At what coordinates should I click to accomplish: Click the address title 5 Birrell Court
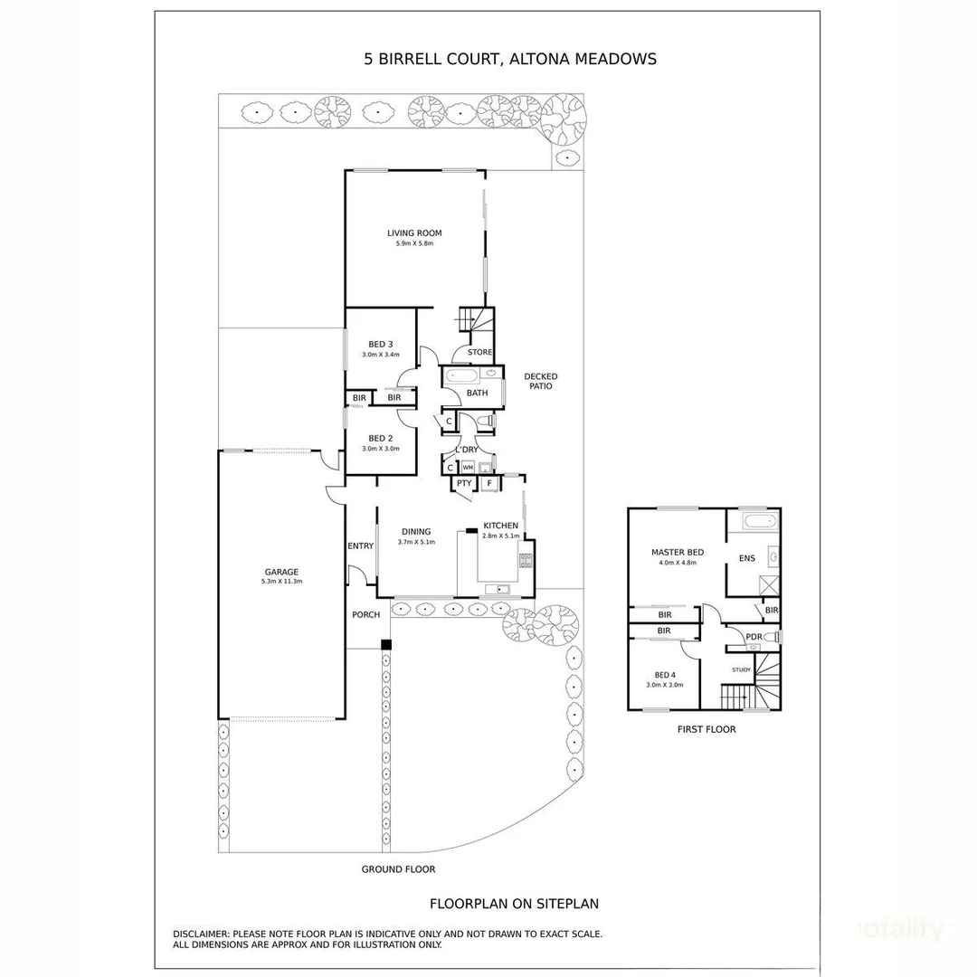pyautogui.click(x=509, y=60)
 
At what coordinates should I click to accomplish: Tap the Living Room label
pyautogui.click(x=414, y=233)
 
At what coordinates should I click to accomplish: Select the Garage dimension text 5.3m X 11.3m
pyautogui.click(x=281, y=582)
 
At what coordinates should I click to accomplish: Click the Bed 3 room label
pyautogui.click(x=381, y=344)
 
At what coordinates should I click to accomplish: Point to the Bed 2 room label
pyautogui.click(x=381, y=438)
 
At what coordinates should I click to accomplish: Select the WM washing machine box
pyautogui.click(x=468, y=467)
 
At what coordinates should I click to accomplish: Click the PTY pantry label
pyautogui.click(x=463, y=483)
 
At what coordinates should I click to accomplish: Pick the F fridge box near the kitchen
pyautogui.click(x=489, y=483)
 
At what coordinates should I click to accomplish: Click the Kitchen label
pyautogui.click(x=500, y=526)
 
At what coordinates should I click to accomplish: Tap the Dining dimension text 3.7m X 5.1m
pyautogui.click(x=416, y=542)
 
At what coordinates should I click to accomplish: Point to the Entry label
pyautogui.click(x=360, y=545)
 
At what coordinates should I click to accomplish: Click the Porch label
pyautogui.click(x=365, y=615)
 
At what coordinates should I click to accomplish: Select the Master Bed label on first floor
pyautogui.click(x=678, y=552)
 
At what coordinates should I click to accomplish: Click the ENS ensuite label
pyautogui.click(x=746, y=558)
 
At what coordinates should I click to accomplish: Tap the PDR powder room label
pyautogui.click(x=754, y=638)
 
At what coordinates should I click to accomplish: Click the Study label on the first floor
pyautogui.click(x=742, y=669)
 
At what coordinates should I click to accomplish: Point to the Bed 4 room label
pyautogui.click(x=665, y=675)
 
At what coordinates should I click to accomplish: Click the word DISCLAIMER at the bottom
pyautogui.click(x=201, y=934)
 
